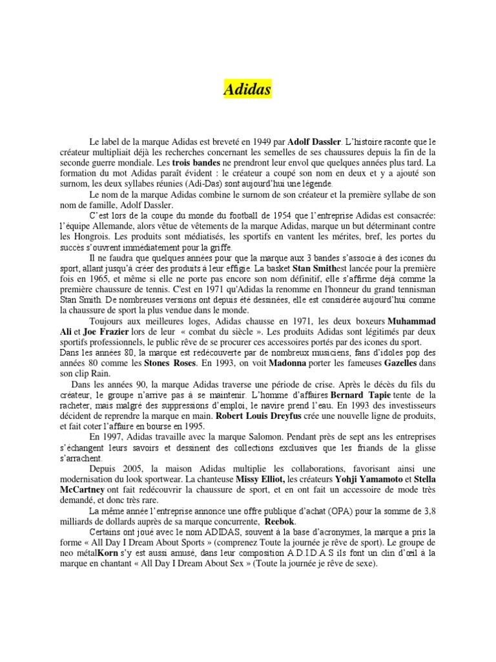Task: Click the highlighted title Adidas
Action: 248,89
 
